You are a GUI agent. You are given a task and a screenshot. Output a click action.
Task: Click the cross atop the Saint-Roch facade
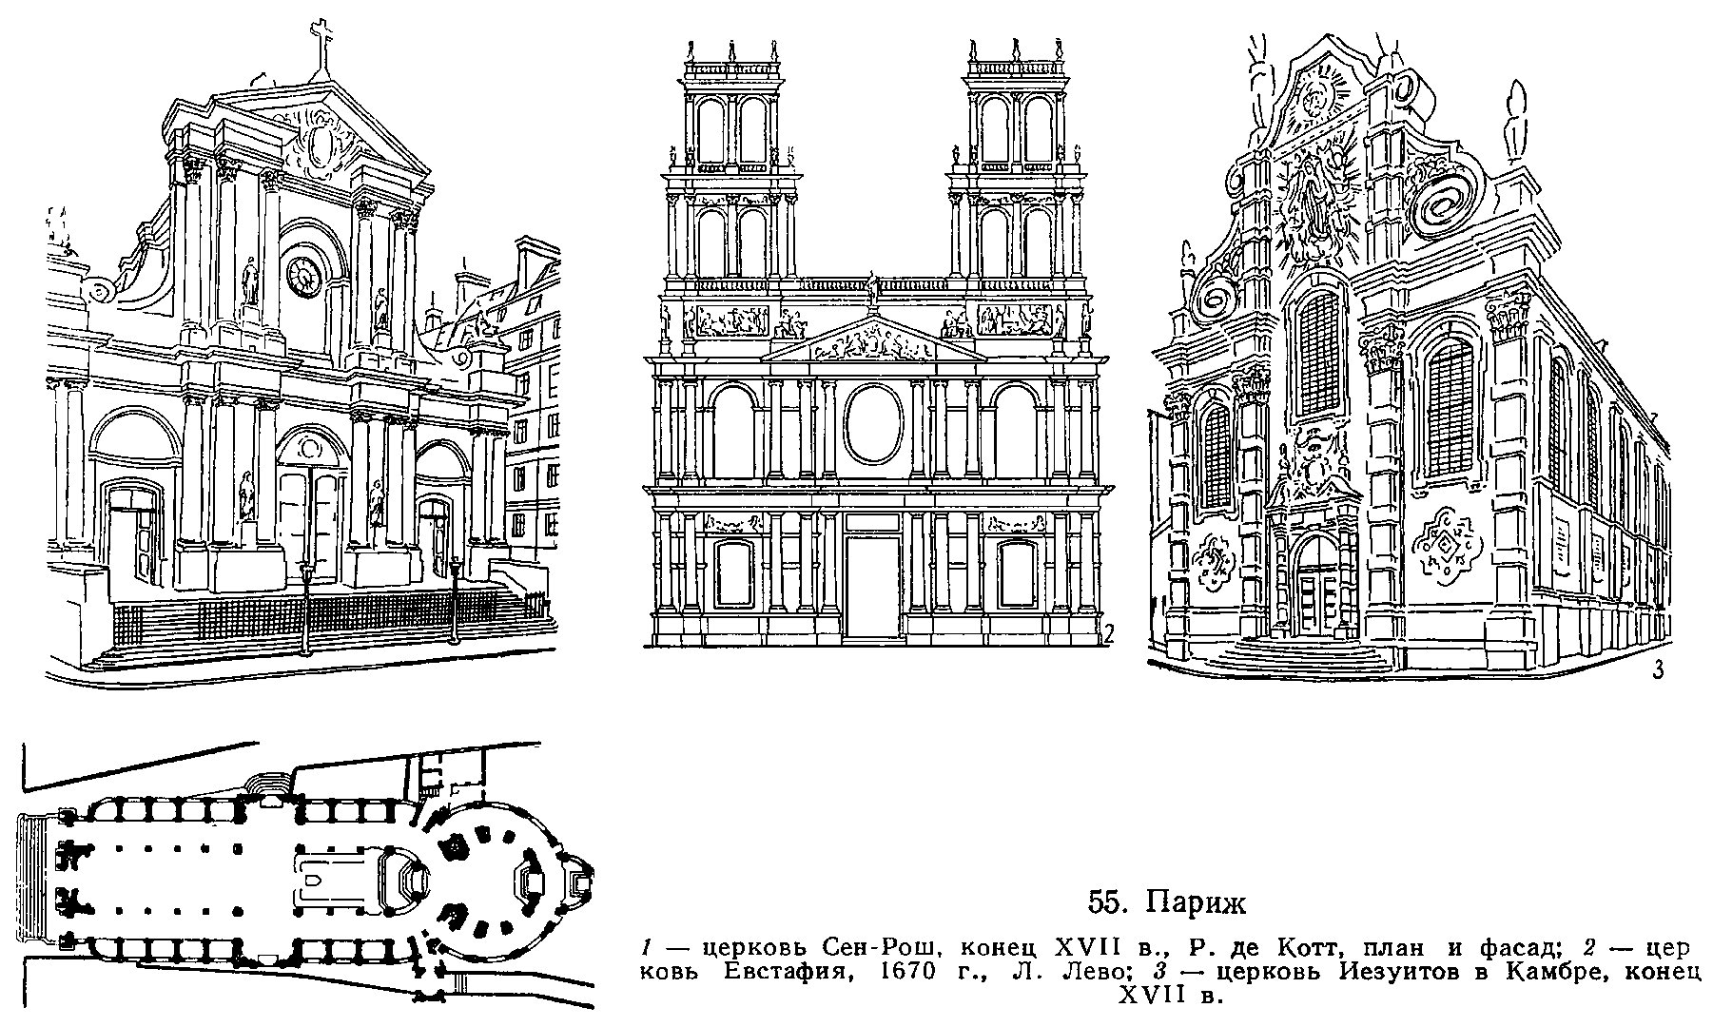(x=321, y=47)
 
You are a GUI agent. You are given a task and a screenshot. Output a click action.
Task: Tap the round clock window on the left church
(x=305, y=275)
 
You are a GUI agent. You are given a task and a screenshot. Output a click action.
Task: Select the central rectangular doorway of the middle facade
(x=875, y=580)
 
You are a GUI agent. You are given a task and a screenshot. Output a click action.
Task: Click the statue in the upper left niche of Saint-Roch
(x=250, y=281)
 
